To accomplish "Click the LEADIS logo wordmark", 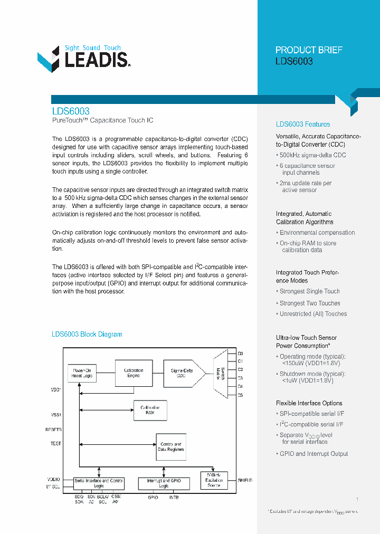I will click(x=95, y=59).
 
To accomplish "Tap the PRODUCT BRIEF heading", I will click(x=309, y=50).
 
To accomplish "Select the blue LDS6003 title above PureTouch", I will click(x=71, y=111).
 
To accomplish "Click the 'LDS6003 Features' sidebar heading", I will click(x=303, y=125).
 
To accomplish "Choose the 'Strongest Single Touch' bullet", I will click(x=309, y=291).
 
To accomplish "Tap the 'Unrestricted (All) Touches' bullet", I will click(x=313, y=314).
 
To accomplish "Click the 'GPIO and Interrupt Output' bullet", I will click(x=313, y=454).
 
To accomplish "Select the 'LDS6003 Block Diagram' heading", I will click(x=87, y=335).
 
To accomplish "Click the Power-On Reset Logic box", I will click(x=82, y=373).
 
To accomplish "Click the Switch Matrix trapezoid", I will click(x=222, y=374).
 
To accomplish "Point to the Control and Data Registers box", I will click(x=170, y=447).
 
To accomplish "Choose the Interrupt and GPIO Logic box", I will click(x=164, y=483).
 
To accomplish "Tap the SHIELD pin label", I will click(x=245, y=481).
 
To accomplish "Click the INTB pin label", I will click(x=174, y=498).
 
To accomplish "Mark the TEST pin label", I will click(x=56, y=444).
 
